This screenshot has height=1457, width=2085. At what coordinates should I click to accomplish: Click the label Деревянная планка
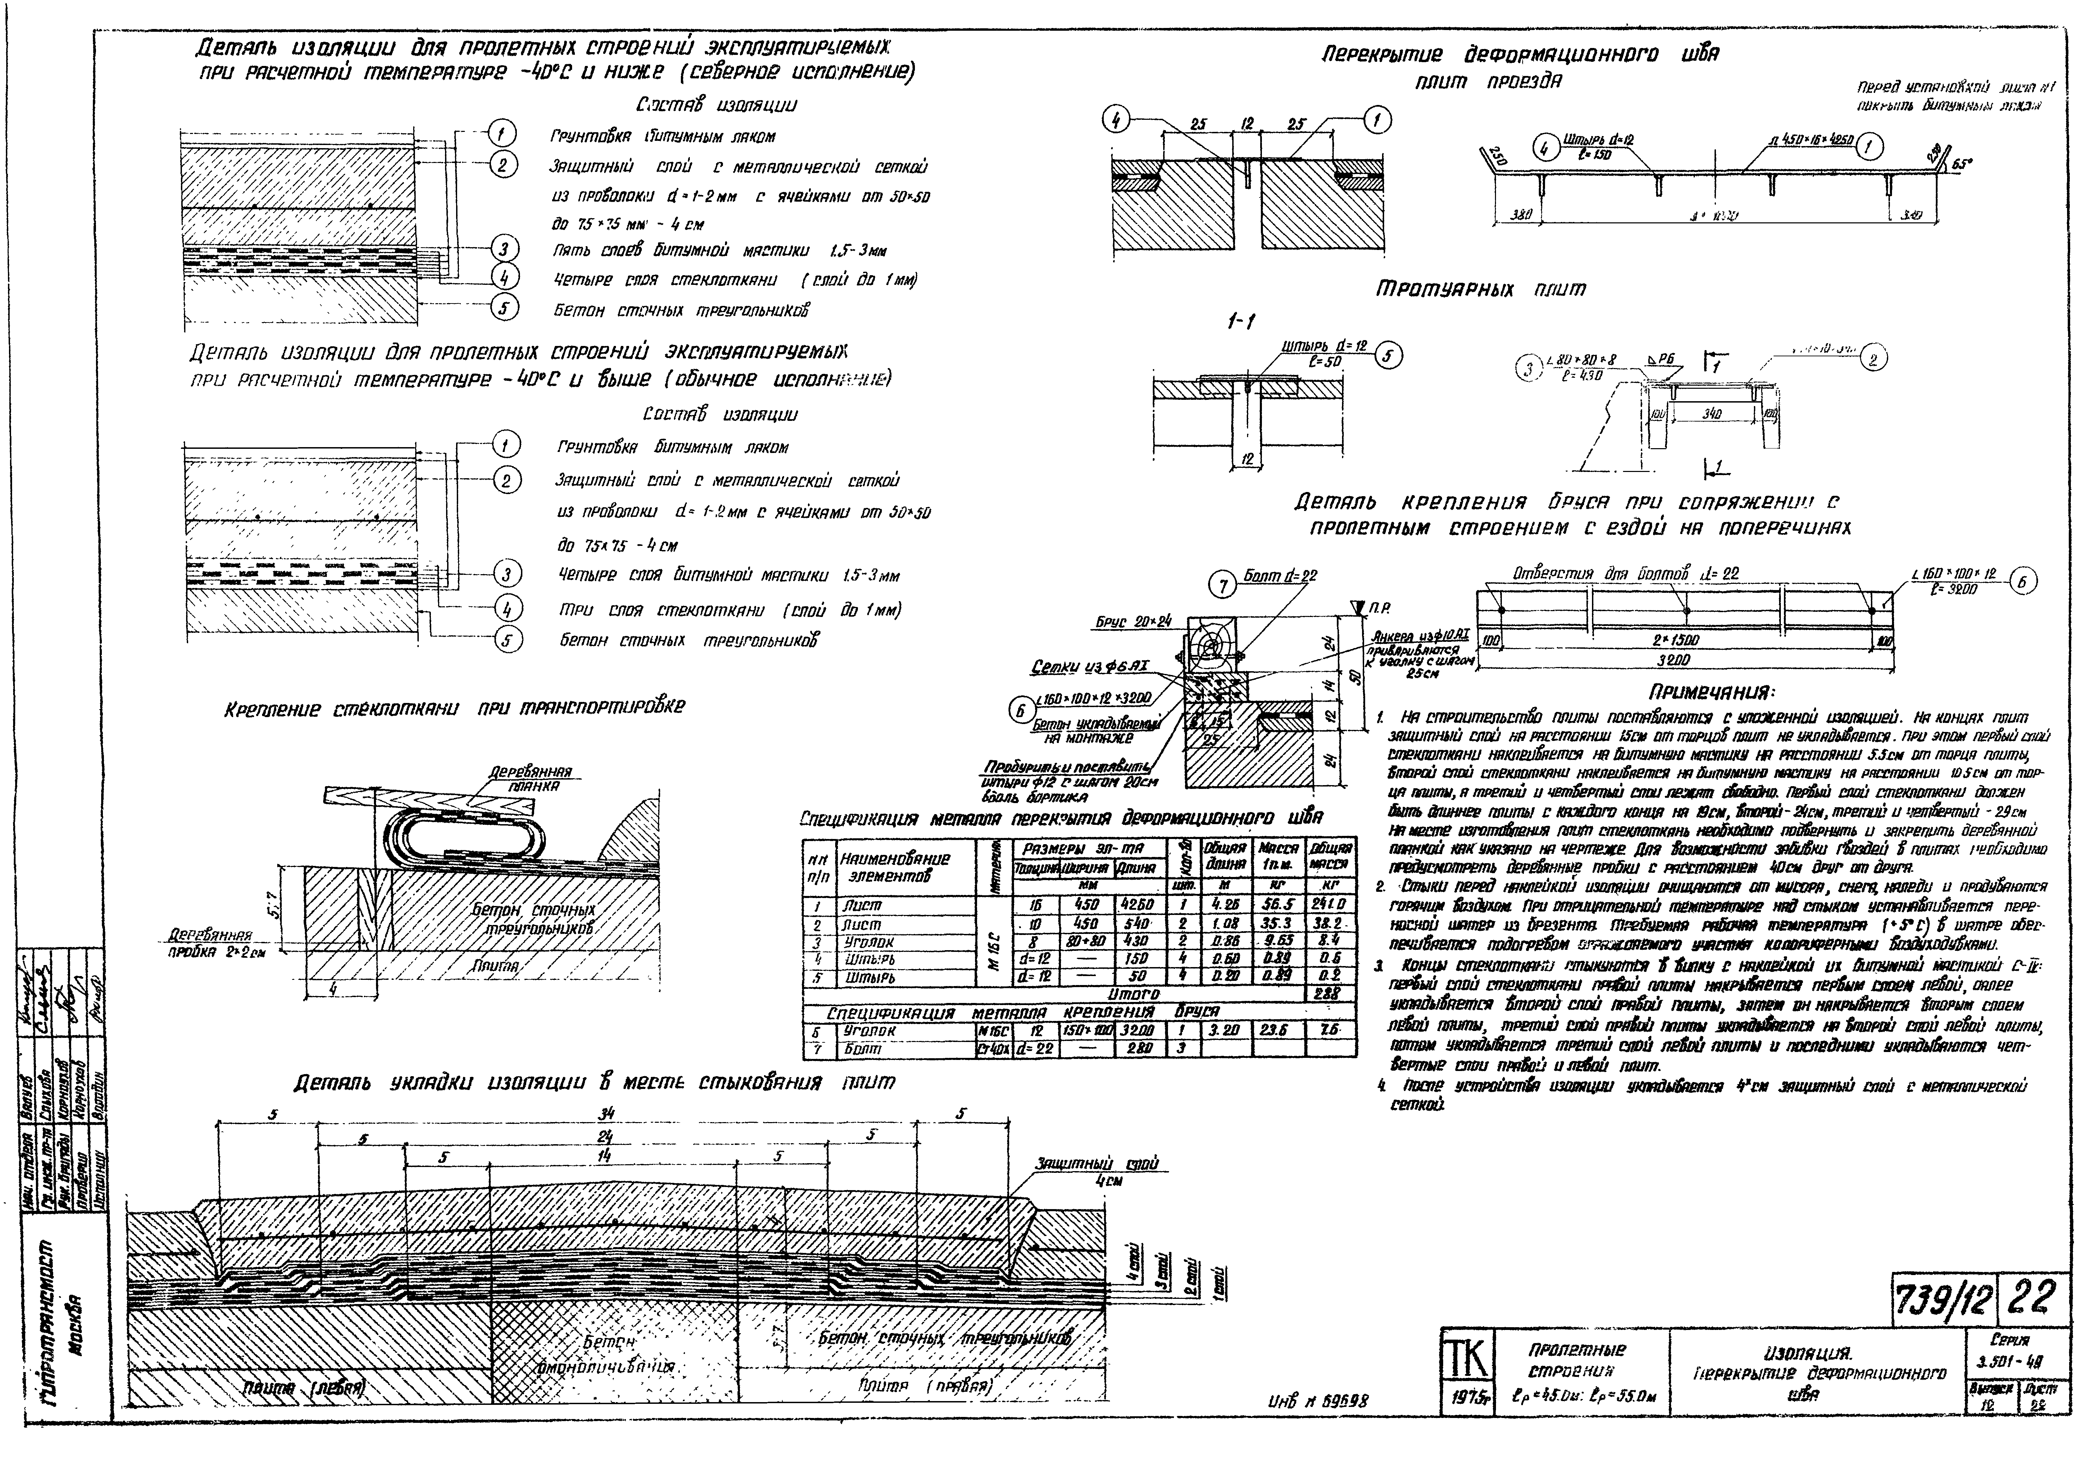point(530,779)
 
